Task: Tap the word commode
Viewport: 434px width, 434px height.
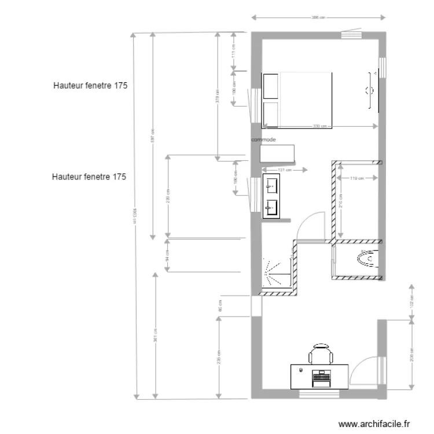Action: click(x=263, y=140)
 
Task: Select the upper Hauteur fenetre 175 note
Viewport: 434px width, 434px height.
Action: click(x=90, y=85)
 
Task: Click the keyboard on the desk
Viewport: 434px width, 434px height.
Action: click(x=320, y=380)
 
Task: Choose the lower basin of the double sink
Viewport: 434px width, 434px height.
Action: click(x=271, y=206)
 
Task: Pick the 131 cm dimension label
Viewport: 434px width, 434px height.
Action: click(x=284, y=170)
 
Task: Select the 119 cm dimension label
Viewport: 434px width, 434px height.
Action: click(x=357, y=178)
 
